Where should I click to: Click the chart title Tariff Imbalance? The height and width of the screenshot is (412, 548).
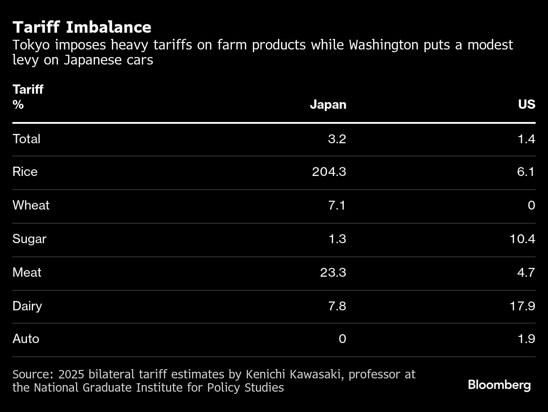pyautogui.click(x=82, y=27)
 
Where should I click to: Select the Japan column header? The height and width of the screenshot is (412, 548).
pyautogui.click(x=328, y=105)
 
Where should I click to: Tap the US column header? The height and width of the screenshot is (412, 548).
pyautogui.click(x=526, y=105)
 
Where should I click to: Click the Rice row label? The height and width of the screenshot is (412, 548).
pyautogui.click(x=25, y=172)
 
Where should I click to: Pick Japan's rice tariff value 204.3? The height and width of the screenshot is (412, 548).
pyautogui.click(x=329, y=172)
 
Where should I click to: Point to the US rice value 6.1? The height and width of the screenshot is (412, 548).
pyautogui.click(x=525, y=172)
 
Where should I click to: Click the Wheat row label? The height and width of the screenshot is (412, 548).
pyautogui.click(x=31, y=206)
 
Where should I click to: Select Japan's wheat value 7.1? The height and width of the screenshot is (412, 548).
pyautogui.click(x=337, y=206)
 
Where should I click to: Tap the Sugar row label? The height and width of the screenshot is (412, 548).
pyautogui.click(x=29, y=239)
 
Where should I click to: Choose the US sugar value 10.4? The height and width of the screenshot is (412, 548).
pyautogui.click(x=522, y=239)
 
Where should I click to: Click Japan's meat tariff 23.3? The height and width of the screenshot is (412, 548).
pyautogui.click(x=333, y=273)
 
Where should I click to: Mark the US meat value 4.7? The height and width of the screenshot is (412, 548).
pyautogui.click(x=525, y=273)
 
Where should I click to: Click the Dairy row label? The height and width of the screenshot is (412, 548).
pyautogui.click(x=27, y=306)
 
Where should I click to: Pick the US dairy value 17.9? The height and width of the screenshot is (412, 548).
pyautogui.click(x=522, y=306)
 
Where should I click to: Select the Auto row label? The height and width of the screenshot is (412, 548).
pyautogui.click(x=26, y=339)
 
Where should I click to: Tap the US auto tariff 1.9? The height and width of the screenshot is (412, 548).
pyautogui.click(x=526, y=339)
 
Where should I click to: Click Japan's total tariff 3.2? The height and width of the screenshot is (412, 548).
pyautogui.click(x=337, y=139)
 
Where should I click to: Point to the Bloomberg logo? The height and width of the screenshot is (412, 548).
pyautogui.click(x=499, y=385)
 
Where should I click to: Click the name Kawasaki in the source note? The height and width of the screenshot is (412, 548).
pyautogui.click(x=317, y=374)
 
